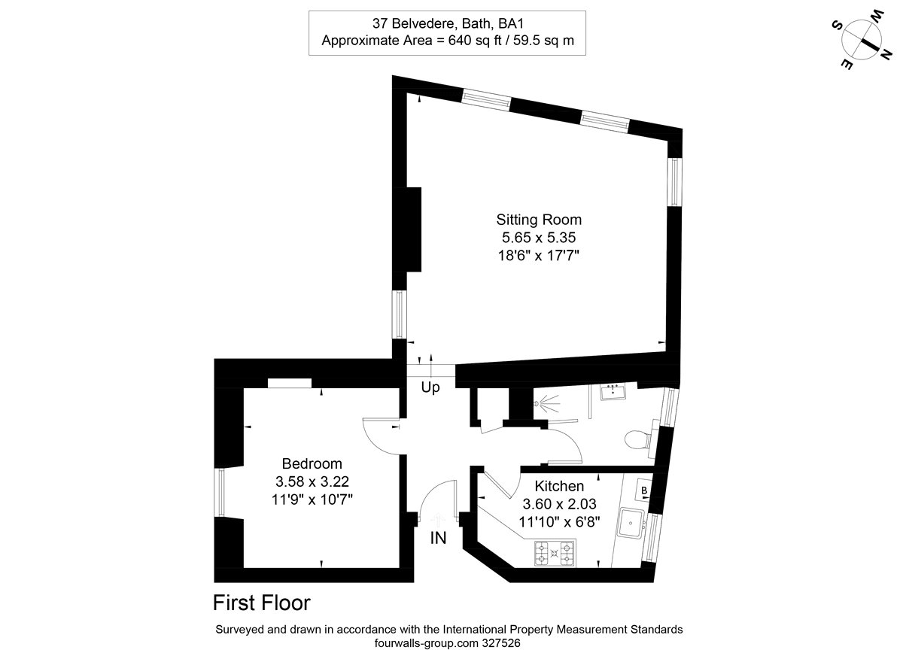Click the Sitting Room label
(539, 220)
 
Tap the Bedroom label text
(312, 463)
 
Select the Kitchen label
(559, 486)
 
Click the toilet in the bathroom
(638, 439)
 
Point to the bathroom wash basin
(613, 391)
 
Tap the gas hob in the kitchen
(555, 553)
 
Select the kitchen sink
(631, 523)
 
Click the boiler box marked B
(644, 491)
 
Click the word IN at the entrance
(438, 538)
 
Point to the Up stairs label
(430, 387)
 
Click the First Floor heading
(262, 603)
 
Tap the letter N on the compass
(885, 54)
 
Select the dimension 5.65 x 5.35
(539, 238)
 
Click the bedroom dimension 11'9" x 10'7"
(312, 500)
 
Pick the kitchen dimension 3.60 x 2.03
(559, 504)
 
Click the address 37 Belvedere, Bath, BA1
(448, 24)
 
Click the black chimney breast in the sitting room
(414, 229)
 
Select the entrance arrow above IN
(438, 519)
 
